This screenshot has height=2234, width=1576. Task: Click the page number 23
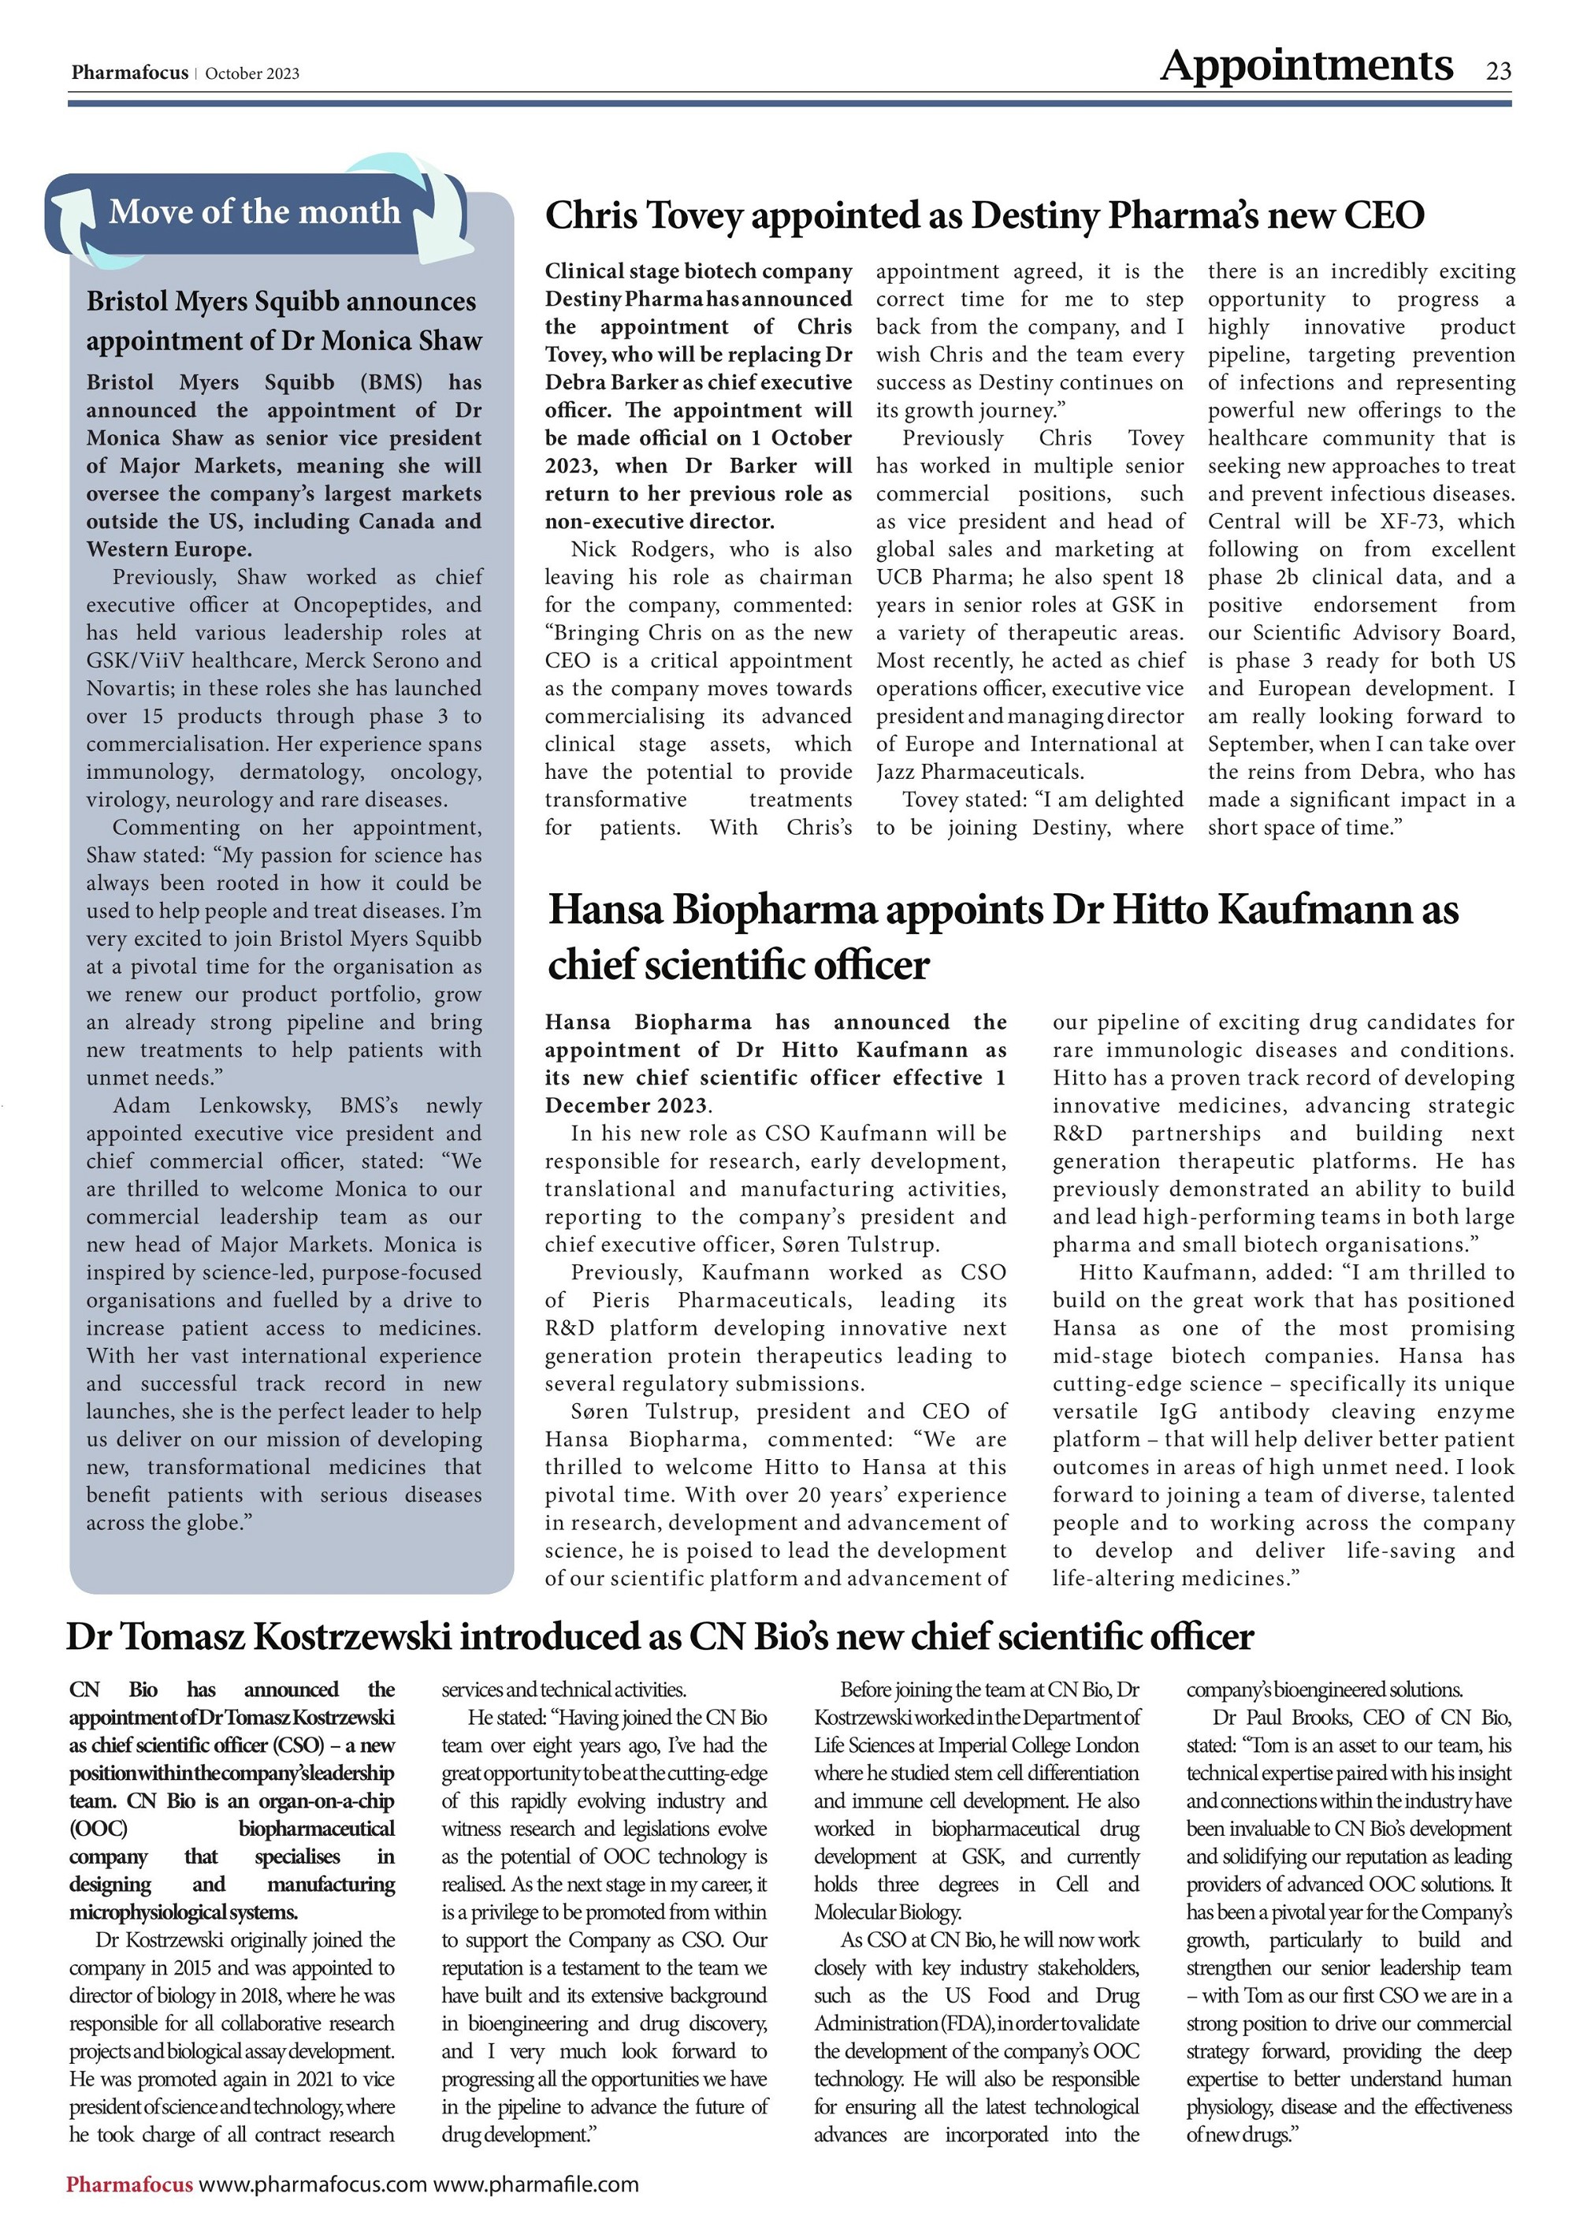pos(1498,71)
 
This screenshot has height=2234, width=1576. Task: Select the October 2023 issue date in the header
pos(252,74)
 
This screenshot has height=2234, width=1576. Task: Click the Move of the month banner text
pos(254,211)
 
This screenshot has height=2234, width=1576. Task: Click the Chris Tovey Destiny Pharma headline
pos(983,216)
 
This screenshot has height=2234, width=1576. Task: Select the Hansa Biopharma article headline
pos(1002,937)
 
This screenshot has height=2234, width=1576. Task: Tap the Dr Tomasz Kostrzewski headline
pos(659,1636)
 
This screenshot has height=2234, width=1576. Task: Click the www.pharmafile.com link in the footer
pos(536,2184)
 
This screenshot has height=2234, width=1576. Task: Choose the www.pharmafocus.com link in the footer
pos(314,2184)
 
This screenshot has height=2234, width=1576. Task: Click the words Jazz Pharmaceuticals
pos(979,773)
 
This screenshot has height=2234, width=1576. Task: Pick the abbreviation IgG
pos(1178,1412)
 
